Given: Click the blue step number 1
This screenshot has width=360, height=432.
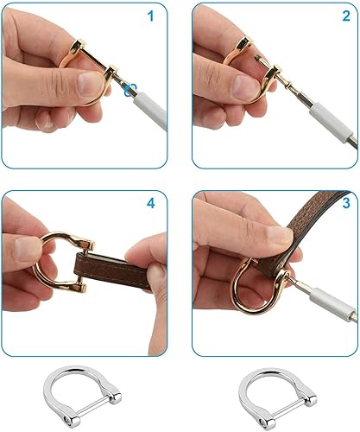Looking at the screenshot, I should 150,16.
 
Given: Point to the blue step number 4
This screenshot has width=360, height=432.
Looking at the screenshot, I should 150,204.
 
